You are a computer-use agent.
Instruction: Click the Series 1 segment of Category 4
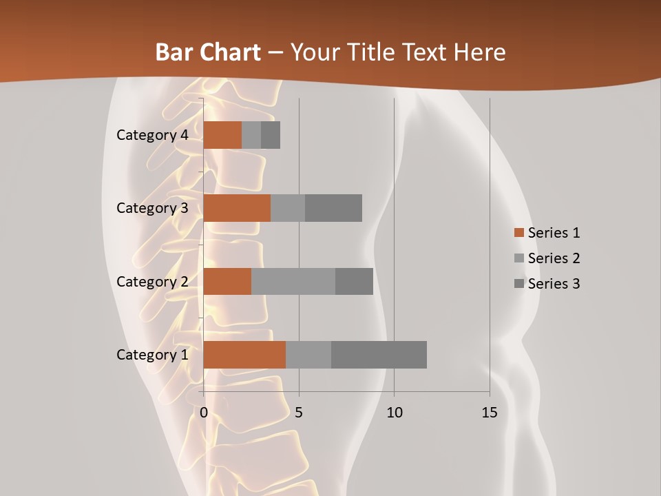point(222,135)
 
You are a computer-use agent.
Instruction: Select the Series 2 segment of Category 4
point(251,135)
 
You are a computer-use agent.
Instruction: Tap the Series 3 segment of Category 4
point(271,135)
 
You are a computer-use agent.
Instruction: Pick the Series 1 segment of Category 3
point(237,208)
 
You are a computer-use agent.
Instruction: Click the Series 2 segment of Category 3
point(288,208)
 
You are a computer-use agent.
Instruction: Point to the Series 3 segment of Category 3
point(333,208)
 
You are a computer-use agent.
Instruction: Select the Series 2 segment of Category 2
point(293,281)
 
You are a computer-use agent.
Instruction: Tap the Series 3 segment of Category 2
point(354,281)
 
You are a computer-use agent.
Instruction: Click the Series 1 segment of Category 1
point(244,355)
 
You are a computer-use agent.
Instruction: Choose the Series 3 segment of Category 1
point(379,355)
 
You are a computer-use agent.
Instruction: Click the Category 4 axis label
point(152,135)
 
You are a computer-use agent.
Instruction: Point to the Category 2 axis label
point(152,281)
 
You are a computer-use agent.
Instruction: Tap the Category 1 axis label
point(152,355)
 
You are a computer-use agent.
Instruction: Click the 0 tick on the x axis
point(204,413)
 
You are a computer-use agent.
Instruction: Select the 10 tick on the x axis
point(394,413)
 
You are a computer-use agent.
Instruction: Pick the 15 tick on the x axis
point(489,413)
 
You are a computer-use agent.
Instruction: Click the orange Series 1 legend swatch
point(518,233)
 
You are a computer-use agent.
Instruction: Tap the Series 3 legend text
point(554,284)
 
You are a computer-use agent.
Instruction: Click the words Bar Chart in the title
point(208,52)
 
